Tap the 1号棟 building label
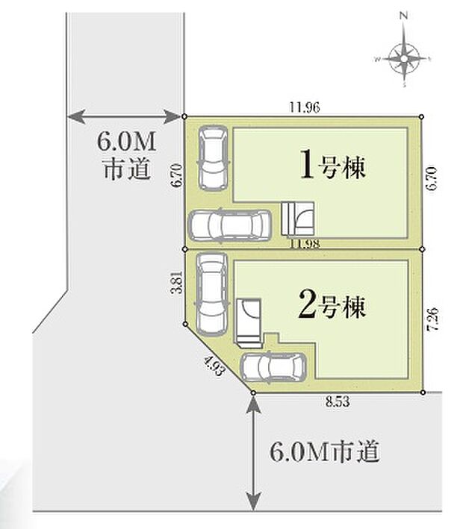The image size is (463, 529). pos(332,165)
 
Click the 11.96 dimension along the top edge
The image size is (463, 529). pos(304,107)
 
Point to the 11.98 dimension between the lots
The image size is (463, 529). pos(304,244)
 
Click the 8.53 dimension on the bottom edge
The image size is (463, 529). pos(338,401)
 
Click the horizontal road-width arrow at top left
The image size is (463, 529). pos(125,116)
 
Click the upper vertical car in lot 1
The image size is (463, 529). pos(212,158)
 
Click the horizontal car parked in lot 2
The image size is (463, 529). pos(273,366)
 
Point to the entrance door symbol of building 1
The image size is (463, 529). pos(299,217)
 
